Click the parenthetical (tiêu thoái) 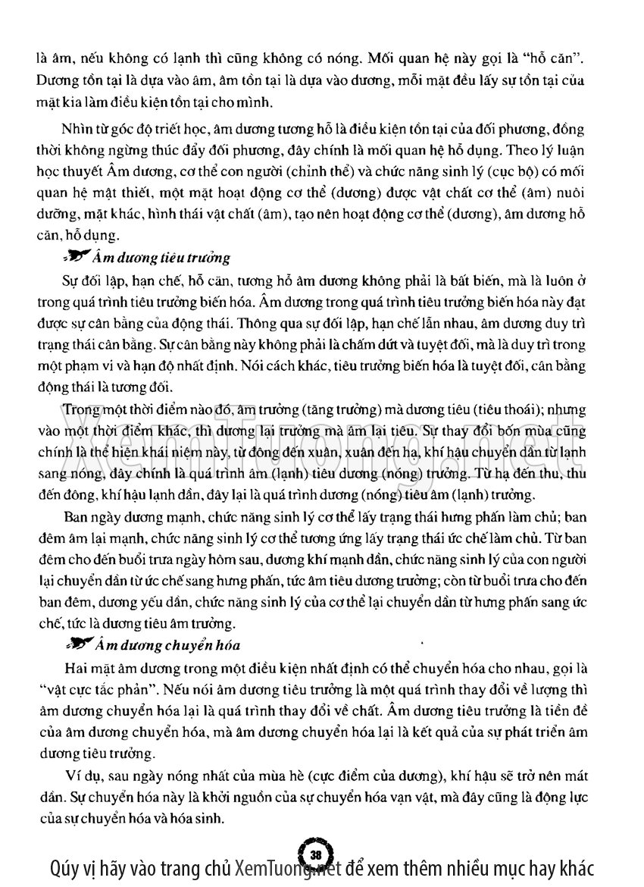pos(502,410)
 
